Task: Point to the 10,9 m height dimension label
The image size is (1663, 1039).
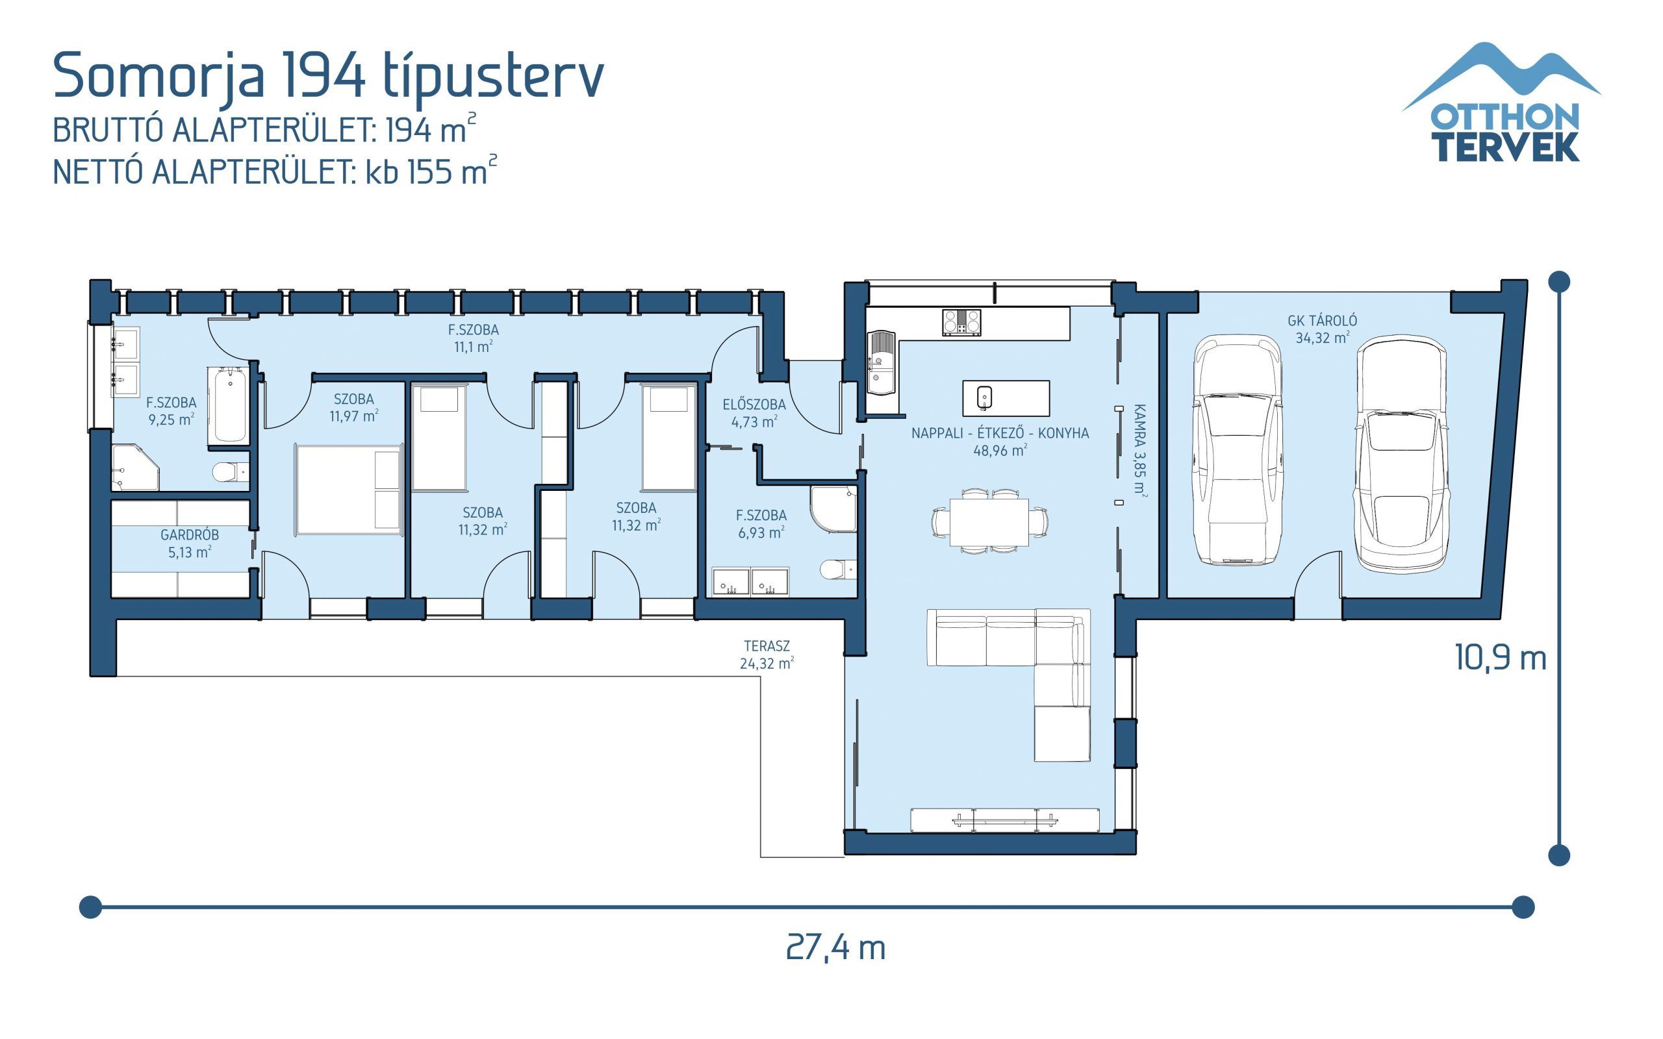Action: click(x=1500, y=658)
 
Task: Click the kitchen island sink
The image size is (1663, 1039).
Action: click(x=984, y=397)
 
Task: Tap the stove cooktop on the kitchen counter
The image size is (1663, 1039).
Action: click(x=961, y=322)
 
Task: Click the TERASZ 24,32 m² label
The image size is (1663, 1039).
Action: click(x=767, y=654)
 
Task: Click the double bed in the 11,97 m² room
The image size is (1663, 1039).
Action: click(x=349, y=489)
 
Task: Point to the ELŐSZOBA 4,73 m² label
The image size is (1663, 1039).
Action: click(x=754, y=413)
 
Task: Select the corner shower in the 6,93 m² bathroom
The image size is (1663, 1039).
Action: click(x=833, y=508)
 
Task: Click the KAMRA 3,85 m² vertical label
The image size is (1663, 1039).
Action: click(x=1139, y=450)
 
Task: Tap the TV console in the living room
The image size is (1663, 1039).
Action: click(x=1005, y=820)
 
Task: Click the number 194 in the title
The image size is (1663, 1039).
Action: click(x=323, y=75)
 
